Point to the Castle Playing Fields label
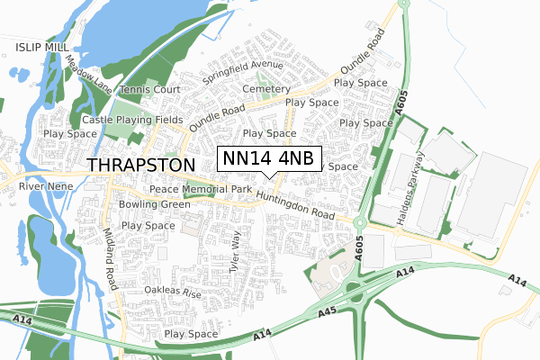pos(132,120)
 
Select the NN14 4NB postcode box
pos(269,158)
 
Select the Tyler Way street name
pos(238,252)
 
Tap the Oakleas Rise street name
pos(174,292)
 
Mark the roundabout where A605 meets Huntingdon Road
pos(359,221)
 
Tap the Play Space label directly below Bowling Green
pos(148,226)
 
